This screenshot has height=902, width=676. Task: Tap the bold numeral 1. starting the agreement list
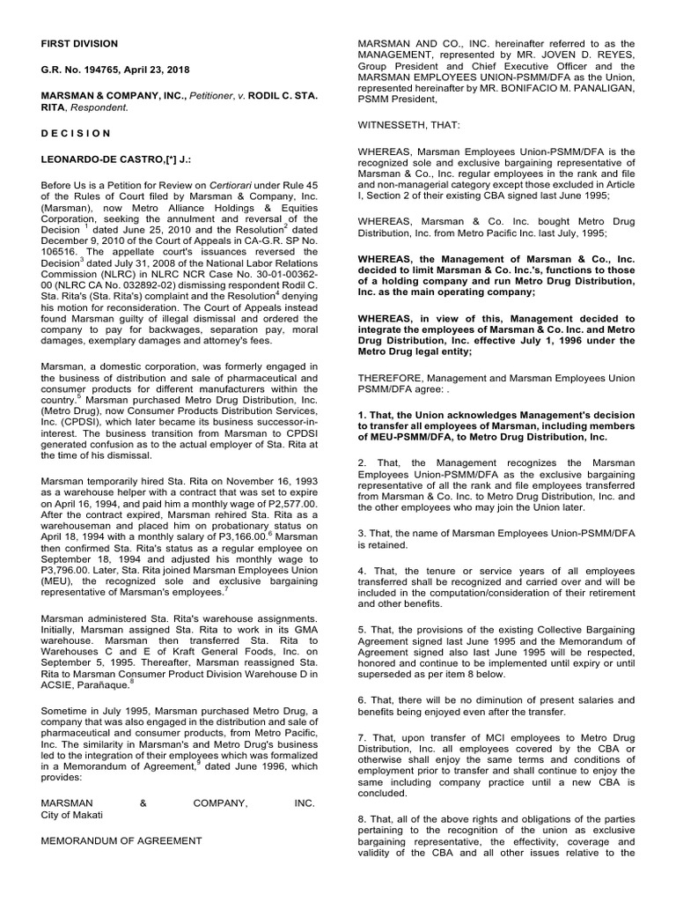357,413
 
